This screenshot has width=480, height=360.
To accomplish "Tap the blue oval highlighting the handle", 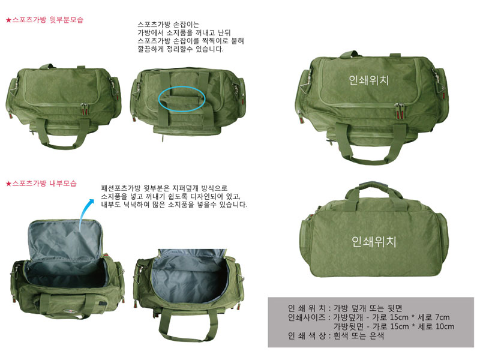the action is pos(182,98).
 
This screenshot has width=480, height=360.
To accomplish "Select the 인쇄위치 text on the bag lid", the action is pos(368,80).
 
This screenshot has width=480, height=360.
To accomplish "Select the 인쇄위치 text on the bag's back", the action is pos(373,242).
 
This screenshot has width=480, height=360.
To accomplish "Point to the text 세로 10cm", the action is pos(436,326).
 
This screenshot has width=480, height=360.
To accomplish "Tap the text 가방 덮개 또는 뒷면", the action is pos(368,308).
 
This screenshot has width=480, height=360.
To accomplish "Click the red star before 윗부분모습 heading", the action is pos(8,20).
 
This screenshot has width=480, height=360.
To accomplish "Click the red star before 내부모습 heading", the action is pos(8,184).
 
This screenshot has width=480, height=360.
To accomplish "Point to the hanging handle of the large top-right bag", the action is pos(370,145).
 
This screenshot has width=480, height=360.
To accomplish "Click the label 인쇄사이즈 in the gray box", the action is pos(307,317).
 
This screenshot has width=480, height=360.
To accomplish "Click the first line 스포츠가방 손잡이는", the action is pos(168,25).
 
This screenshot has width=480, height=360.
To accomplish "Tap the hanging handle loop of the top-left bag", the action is pos(63,134).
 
